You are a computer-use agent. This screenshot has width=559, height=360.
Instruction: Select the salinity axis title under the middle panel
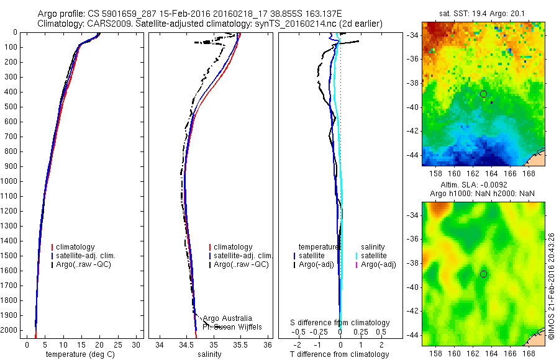[209, 354]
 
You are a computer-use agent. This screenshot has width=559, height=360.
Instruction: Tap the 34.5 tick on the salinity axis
[186, 344]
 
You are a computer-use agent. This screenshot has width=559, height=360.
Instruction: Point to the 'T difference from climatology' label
[340, 354]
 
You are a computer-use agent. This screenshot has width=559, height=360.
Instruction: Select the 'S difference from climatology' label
[340, 323]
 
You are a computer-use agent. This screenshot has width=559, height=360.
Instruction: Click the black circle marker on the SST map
[483, 94]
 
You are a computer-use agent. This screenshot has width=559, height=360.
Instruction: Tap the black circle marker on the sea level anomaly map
[483, 274]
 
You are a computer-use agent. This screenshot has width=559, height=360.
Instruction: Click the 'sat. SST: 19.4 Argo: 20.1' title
[483, 12]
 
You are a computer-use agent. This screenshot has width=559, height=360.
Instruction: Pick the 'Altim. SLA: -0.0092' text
[483, 185]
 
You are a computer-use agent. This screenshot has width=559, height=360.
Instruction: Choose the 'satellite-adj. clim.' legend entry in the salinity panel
[243, 256]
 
